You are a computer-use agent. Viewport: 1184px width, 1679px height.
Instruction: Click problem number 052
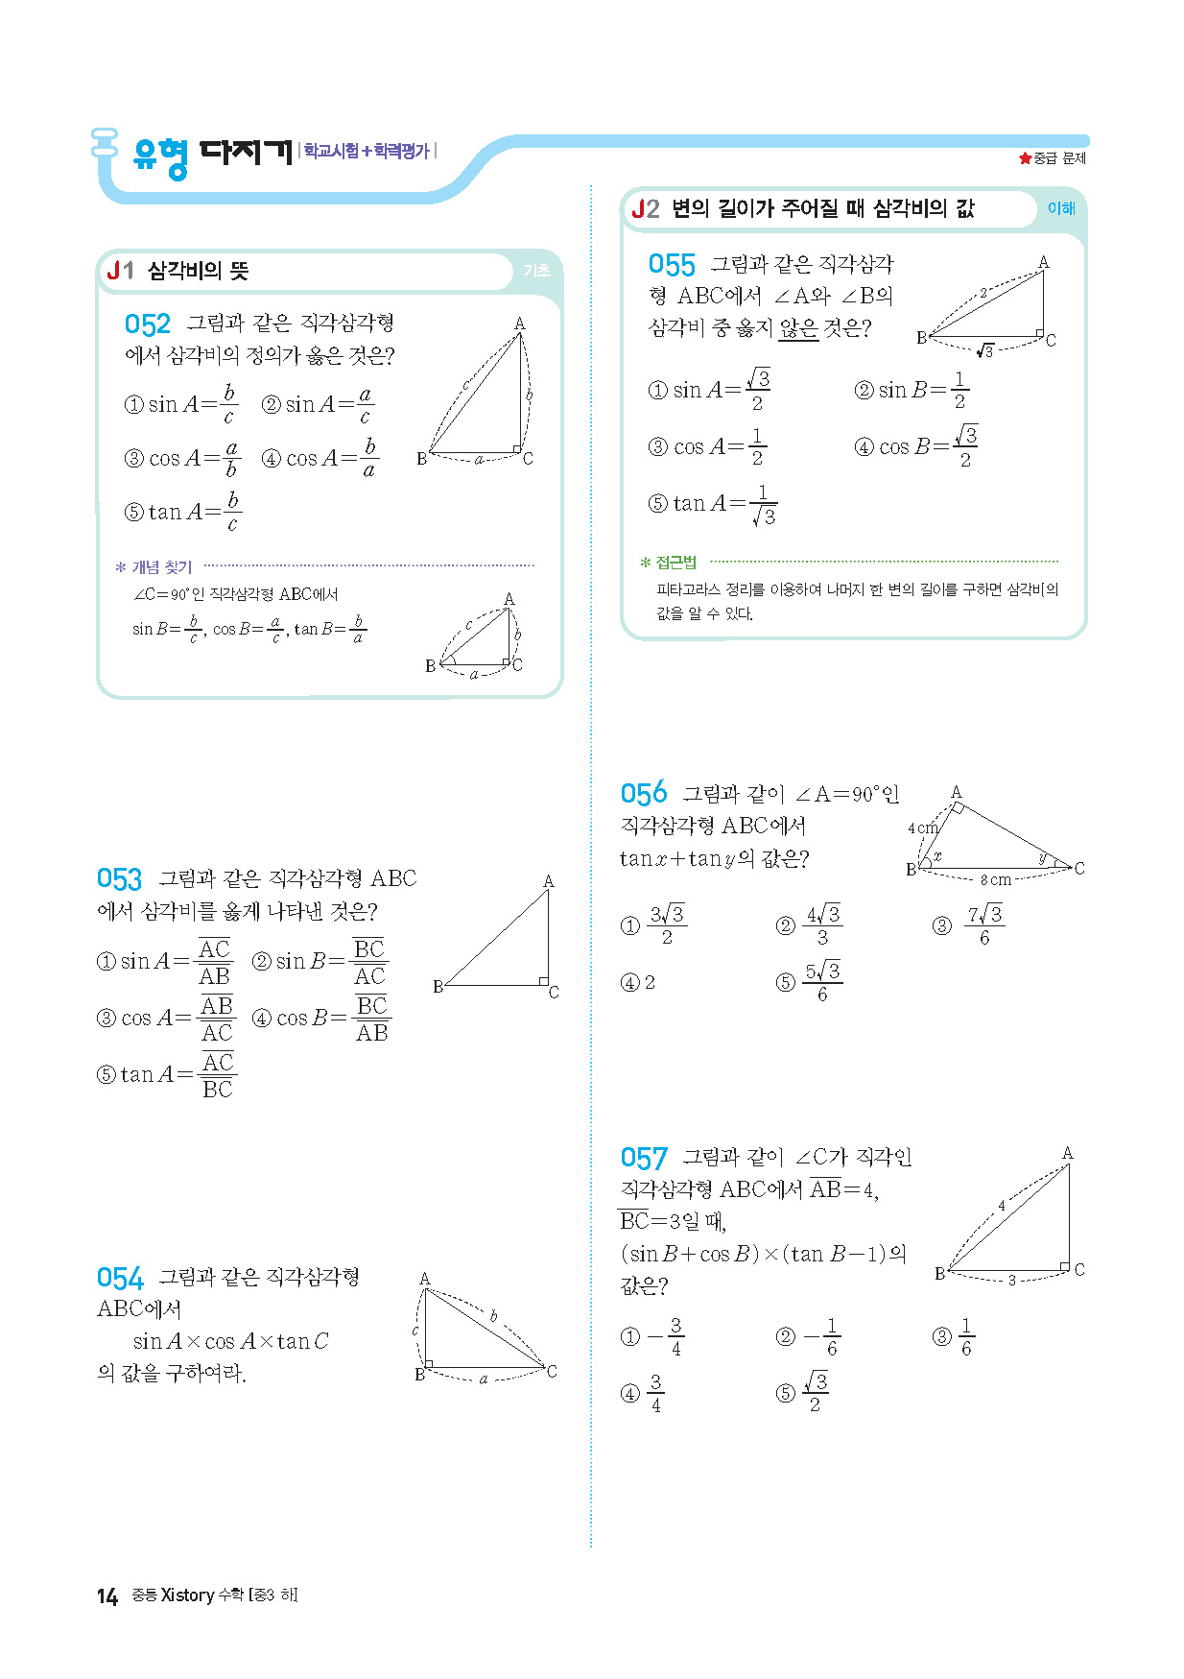tap(147, 324)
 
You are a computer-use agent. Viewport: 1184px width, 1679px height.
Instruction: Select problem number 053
tap(119, 879)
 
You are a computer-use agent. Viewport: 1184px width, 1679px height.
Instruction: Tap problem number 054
tap(119, 1279)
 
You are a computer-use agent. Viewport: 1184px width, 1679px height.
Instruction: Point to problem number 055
tap(671, 265)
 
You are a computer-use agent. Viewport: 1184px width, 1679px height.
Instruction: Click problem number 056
tap(643, 794)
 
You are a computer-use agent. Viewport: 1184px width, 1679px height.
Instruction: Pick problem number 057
tap(643, 1159)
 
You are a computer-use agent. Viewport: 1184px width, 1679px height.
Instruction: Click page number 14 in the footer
tap(107, 1595)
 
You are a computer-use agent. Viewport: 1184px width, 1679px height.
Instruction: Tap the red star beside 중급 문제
tap(1025, 158)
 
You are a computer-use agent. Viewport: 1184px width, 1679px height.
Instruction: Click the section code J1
tap(121, 271)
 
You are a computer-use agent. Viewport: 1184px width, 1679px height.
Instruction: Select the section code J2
tap(645, 209)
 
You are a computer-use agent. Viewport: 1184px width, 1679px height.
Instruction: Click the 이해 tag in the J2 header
tap(1060, 208)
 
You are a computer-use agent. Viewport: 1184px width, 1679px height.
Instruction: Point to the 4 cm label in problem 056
tap(922, 828)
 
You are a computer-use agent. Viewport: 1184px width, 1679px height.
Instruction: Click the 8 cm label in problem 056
tap(995, 879)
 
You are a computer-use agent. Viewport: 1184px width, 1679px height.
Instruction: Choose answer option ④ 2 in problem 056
tap(639, 982)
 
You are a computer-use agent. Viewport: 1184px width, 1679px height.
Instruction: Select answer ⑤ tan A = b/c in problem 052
tap(182, 512)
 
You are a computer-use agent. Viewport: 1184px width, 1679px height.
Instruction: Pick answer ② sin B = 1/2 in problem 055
tap(912, 390)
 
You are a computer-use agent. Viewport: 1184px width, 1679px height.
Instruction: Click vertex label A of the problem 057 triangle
tap(1067, 1153)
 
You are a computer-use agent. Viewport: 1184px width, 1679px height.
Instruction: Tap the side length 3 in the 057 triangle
tap(1011, 1280)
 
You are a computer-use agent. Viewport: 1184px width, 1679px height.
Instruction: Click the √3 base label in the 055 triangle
tap(984, 350)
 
